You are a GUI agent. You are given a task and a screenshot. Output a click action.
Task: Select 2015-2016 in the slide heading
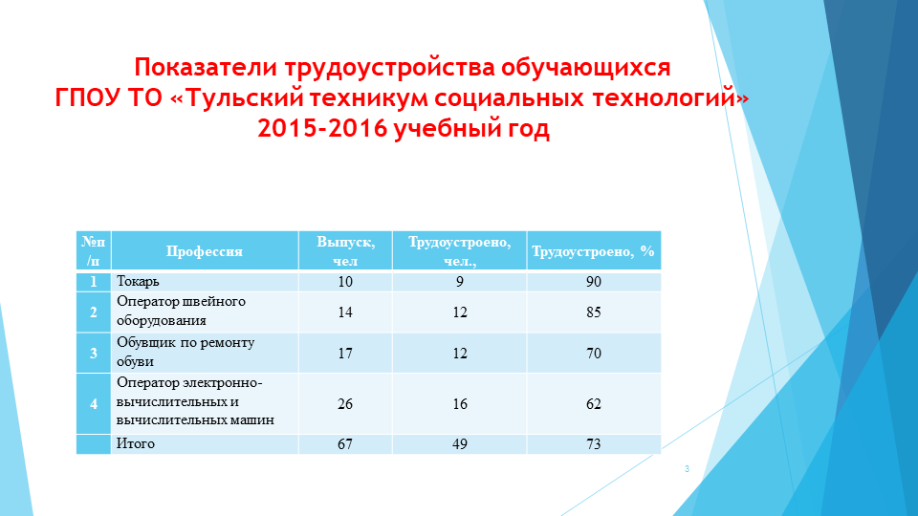(320, 130)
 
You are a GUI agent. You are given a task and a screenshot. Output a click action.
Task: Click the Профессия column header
(205, 252)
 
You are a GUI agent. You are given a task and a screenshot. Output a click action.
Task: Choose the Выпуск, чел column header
(345, 251)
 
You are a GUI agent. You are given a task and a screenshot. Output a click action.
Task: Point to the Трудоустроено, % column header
(593, 252)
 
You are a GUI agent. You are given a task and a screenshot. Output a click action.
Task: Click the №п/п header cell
(94, 250)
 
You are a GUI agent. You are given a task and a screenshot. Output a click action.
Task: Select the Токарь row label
(139, 282)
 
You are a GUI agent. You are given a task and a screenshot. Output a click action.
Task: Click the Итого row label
(136, 444)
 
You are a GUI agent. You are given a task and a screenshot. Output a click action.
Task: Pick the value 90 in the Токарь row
(594, 282)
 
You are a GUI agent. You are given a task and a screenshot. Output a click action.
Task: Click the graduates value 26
(345, 404)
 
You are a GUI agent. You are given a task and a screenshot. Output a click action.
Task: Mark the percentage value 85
(594, 312)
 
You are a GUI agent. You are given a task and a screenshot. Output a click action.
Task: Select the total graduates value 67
(345, 444)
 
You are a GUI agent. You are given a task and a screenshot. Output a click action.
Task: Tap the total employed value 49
(460, 444)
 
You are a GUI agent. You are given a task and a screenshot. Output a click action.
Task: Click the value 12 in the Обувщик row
(460, 354)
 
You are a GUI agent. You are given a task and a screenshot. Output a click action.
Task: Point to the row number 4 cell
(94, 404)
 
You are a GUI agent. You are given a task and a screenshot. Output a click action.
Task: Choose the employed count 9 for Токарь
(460, 282)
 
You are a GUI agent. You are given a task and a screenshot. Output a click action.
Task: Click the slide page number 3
(687, 468)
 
